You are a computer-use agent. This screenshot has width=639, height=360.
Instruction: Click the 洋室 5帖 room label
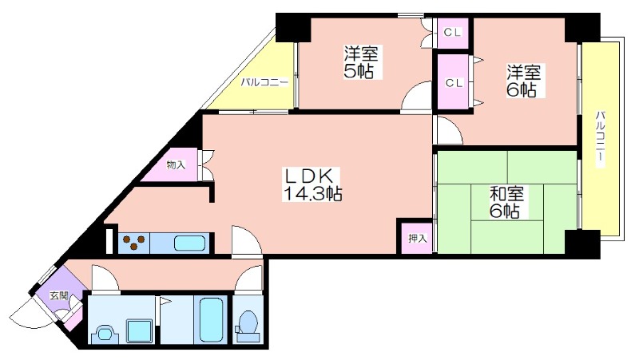[361, 62]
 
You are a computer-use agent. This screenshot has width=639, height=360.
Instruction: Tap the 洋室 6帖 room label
[524, 81]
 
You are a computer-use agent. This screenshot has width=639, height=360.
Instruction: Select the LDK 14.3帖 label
[312, 184]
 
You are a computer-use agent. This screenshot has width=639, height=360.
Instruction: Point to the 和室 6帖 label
[506, 203]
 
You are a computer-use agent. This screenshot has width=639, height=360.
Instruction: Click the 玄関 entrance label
[58, 296]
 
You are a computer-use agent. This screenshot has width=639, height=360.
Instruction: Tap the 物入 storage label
[176, 165]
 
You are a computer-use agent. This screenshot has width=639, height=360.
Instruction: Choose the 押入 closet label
[418, 238]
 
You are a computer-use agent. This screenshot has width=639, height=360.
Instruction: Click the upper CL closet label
[452, 33]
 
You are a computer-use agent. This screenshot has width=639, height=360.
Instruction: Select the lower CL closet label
[454, 83]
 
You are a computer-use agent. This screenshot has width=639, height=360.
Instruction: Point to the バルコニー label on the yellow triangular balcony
[264, 83]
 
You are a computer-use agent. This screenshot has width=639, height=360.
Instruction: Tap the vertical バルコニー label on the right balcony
[601, 138]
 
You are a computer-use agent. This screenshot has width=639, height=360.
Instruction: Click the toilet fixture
[247, 326]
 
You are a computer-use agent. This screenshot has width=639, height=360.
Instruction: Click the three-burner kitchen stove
[134, 243]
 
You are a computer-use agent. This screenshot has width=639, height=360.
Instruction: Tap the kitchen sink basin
[189, 243]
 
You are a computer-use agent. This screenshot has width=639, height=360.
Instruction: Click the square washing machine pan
[139, 330]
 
